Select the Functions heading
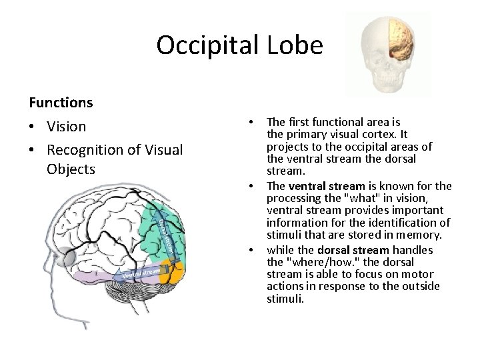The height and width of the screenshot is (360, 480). point(61,103)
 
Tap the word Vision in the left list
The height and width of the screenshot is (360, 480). point(67,127)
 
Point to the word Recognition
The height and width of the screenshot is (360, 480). point(89,150)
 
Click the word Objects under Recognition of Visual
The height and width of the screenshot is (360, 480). point(71,169)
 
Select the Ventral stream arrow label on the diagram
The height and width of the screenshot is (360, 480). point(141,273)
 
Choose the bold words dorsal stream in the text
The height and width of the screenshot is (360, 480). point(353,250)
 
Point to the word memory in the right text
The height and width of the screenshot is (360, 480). point(422,235)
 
